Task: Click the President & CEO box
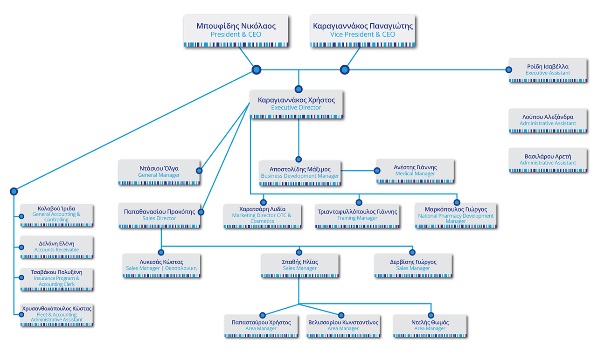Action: pos(236,30)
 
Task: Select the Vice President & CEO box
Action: pos(362,30)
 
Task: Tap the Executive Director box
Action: pos(297,104)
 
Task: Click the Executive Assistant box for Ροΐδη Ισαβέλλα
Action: pos(548,70)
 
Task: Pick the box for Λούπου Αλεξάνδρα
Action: pos(548,120)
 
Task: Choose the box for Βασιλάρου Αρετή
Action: pos(548,160)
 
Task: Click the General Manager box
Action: pos(159,172)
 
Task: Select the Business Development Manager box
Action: pos(300,173)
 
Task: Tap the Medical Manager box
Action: pos(415,171)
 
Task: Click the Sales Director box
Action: pos(160,215)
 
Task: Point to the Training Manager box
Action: pos(357,215)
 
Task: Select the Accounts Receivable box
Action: pos(56,247)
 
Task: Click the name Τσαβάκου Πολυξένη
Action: pos(56,272)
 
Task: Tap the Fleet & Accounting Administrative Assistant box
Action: pos(56,315)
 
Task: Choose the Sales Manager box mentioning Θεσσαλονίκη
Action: pos(161,265)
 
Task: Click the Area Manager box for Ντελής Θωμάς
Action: pos(430,325)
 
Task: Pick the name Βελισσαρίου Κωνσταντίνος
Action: pos(343,323)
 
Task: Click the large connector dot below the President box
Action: pos(256,70)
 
